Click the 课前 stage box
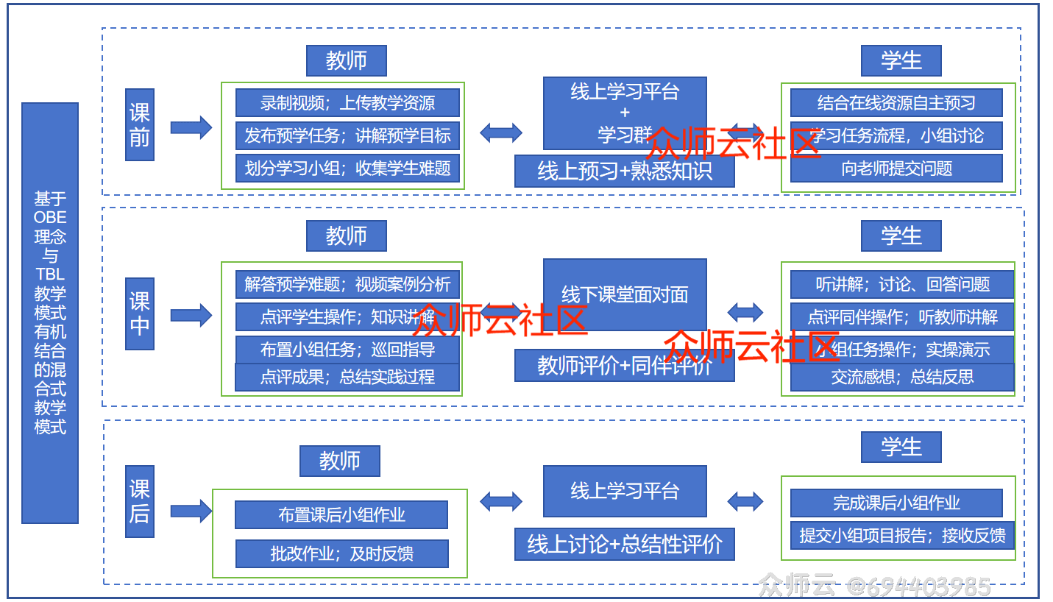(x=139, y=125)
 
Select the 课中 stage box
(x=139, y=314)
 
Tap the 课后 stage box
(x=139, y=501)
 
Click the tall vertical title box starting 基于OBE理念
(x=50, y=313)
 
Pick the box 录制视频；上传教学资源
(x=347, y=103)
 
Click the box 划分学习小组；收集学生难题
(x=347, y=169)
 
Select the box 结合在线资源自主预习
(x=896, y=103)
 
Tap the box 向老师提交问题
(x=896, y=169)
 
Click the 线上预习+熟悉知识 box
(x=624, y=171)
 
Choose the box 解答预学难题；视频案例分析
(x=347, y=284)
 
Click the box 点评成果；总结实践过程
(x=347, y=378)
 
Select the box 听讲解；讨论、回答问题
(x=902, y=284)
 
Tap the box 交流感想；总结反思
(x=902, y=378)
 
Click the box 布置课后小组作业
(x=341, y=515)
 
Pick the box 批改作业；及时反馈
(x=341, y=553)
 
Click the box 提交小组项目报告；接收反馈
(x=902, y=535)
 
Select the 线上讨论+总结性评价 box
(x=624, y=545)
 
